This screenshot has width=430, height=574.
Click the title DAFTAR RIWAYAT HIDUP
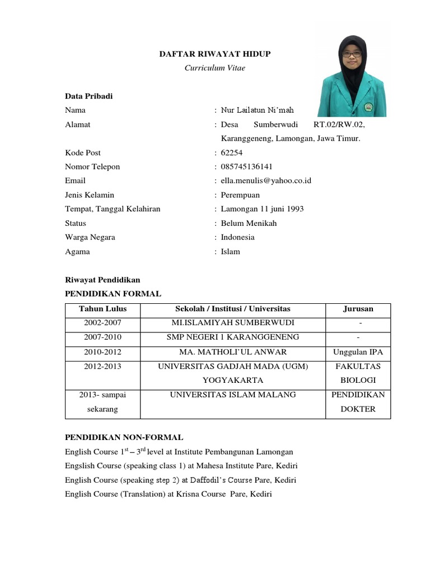pyautogui.click(x=215, y=54)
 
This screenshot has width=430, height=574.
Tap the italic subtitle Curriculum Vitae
pyautogui.click(x=215, y=68)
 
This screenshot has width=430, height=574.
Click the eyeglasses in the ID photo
pyautogui.click(x=352, y=54)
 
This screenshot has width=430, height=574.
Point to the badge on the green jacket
pyautogui.click(x=368, y=105)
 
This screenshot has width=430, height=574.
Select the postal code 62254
pyautogui.click(x=231, y=152)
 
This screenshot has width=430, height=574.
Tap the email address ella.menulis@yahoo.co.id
pyautogui.click(x=266, y=180)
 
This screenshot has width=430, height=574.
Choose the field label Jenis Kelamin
pyautogui.click(x=90, y=195)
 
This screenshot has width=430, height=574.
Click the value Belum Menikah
pyautogui.click(x=249, y=223)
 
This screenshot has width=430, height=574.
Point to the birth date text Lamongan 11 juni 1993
pyautogui.click(x=262, y=209)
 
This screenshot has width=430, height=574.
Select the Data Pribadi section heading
pyautogui.click(x=88, y=96)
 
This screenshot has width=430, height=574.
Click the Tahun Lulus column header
pyautogui.click(x=102, y=309)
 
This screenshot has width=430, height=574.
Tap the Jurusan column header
pyautogui.click(x=358, y=309)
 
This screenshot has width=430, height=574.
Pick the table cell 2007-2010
pyautogui.click(x=102, y=337)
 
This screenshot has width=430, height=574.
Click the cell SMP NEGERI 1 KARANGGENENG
pyautogui.click(x=233, y=337)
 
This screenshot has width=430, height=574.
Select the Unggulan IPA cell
pyautogui.click(x=358, y=352)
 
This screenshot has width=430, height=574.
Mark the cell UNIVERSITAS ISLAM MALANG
pyautogui.click(x=233, y=395)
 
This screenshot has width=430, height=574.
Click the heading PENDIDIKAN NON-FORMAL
pyautogui.click(x=124, y=437)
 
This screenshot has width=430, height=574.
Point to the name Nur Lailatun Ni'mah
pyautogui.click(x=257, y=110)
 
